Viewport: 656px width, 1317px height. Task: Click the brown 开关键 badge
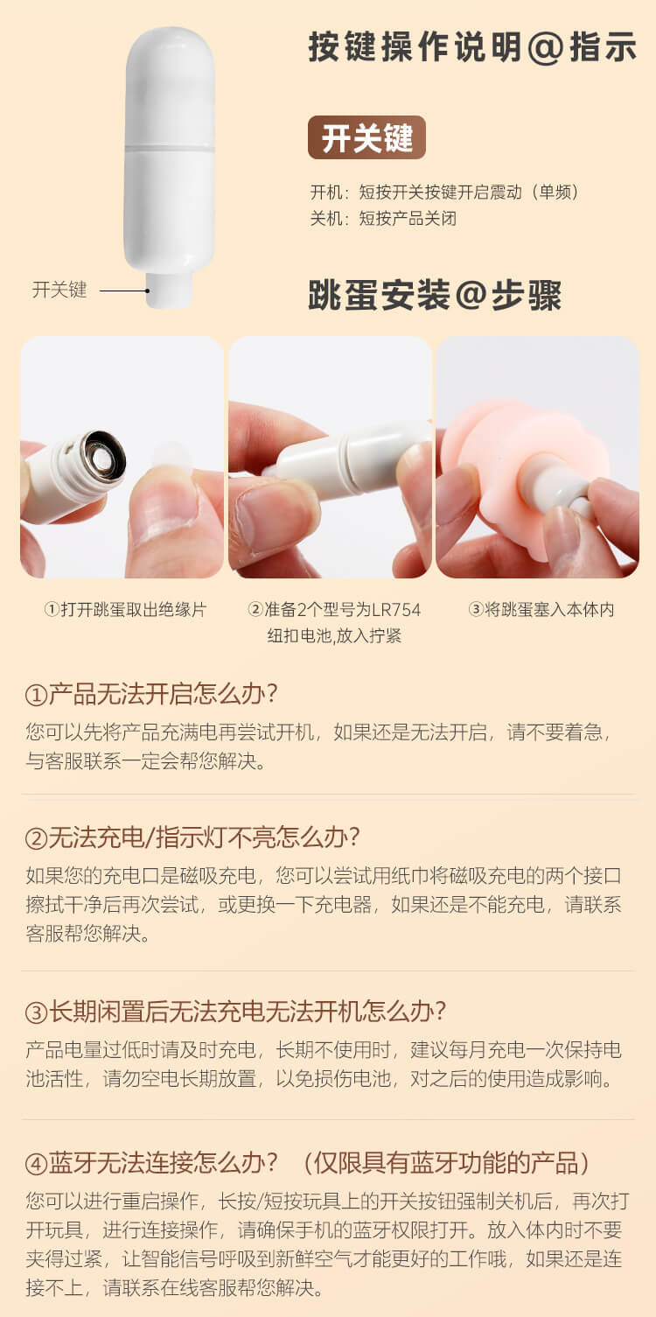[366, 137]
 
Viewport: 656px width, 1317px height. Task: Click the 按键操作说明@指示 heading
[472, 47]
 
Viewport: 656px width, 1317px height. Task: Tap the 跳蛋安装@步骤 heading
[435, 295]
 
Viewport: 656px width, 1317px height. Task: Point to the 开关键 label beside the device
[59, 290]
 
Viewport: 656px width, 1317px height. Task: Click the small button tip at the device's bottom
[170, 290]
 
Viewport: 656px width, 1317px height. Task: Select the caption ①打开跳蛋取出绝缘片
[125, 610]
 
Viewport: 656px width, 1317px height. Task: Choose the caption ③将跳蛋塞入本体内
[541, 610]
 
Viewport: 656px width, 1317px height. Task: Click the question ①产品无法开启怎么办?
[151, 694]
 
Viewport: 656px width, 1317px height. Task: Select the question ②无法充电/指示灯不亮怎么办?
[192, 837]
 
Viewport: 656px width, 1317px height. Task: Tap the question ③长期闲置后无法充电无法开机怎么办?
[235, 1012]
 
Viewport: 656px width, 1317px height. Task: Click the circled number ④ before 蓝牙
[37, 1164]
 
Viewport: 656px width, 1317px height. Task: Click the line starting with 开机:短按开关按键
[445, 193]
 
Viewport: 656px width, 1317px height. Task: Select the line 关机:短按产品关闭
[383, 219]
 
